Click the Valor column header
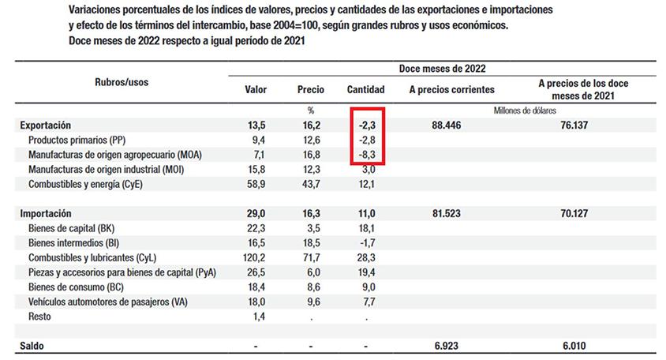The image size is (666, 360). coord(256,90)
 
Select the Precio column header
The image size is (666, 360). coord(310,90)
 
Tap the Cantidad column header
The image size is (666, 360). coord(365,90)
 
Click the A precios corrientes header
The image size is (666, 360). coord(452,90)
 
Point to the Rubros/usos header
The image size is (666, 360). coord(122,82)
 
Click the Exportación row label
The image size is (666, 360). coord(46,126)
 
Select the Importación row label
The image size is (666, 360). coord(46,213)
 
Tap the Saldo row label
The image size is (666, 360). coord(32,346)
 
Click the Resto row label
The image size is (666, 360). coord(39,317)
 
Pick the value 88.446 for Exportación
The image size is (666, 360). coord(447,126)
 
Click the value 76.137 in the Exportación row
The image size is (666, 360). coord(574,126)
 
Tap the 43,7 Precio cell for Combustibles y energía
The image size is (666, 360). coord(312,185)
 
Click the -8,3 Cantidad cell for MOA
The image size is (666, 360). coord(367,155)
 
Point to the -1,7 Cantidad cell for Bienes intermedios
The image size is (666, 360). coord(367,243)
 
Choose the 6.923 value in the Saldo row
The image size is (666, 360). coord(447,346)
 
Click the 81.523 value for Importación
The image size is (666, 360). coord(447,213)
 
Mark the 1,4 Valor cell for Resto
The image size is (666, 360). coord(259,317)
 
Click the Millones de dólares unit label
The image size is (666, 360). coord(525,111)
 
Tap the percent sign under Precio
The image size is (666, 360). coord(311,111)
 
